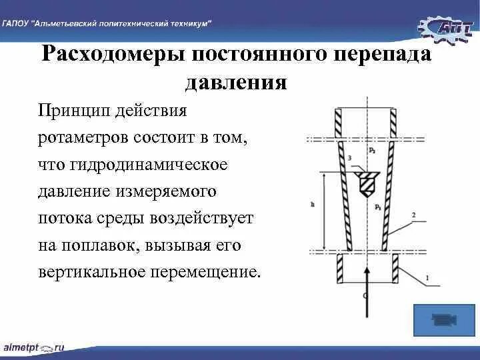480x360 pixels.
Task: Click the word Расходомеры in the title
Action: (113, 55)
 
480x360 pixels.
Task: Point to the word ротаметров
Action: (87, 137)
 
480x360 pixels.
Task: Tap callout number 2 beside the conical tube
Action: (414, 215)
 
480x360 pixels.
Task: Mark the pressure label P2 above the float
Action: (371, 151)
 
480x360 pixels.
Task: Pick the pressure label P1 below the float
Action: (377, 208)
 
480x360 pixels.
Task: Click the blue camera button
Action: (440, 320)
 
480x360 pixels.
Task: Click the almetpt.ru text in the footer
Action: (34, 348)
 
